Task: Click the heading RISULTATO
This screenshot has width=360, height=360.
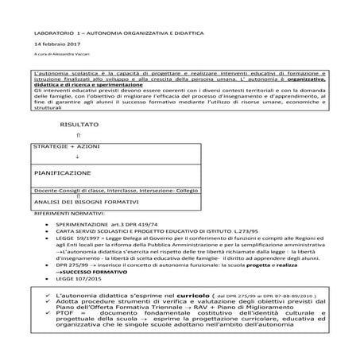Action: (79, 125)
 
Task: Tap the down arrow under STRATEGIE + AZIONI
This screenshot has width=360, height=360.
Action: (76, 159)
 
